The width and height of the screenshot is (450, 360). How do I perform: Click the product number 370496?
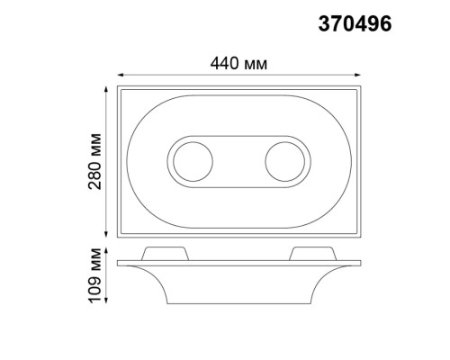[355, 25]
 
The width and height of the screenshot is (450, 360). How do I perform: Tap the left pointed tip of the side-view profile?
[118, 263]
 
